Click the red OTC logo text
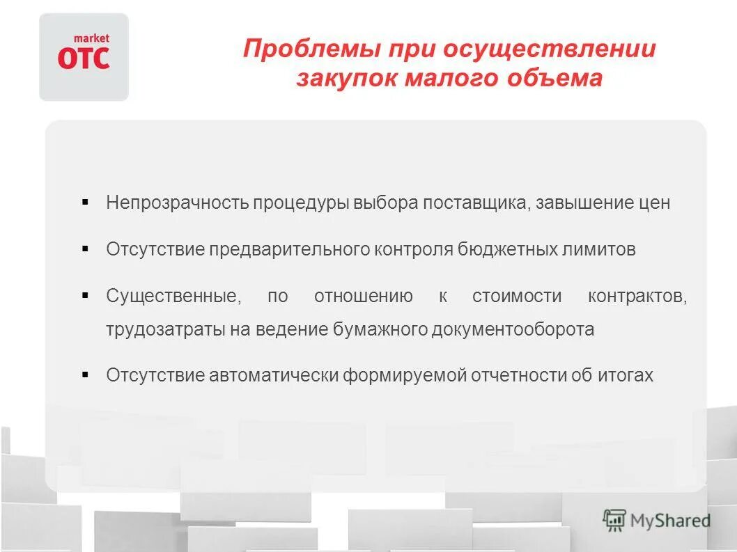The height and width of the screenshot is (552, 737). [84, 58]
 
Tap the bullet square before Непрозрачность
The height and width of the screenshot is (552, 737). [85, 203]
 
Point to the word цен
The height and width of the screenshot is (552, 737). [653, 203]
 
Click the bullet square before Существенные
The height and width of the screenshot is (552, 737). [85, 295]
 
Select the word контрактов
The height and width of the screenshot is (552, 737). [637, 297]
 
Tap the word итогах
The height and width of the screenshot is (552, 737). [625, 376]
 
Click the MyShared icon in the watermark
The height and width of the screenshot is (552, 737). [614, 520]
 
